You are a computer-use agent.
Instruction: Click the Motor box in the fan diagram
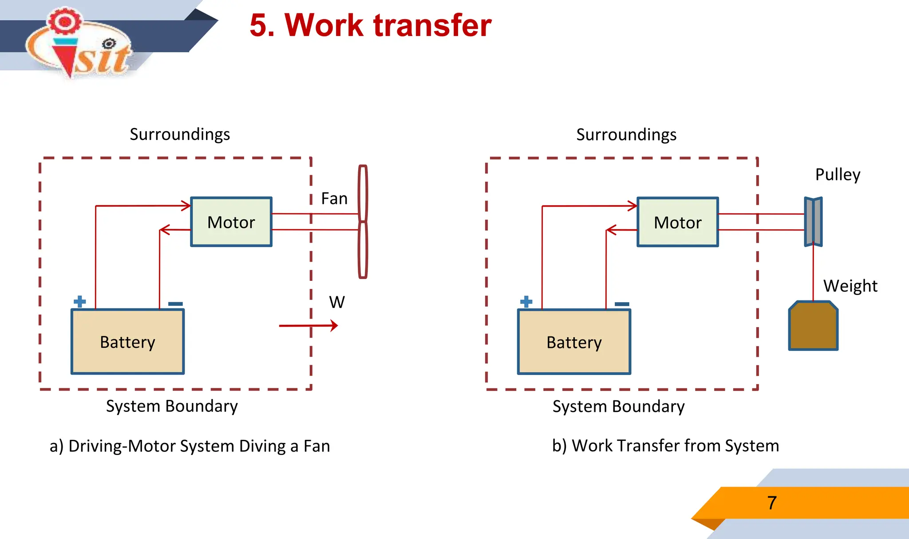pos(231,222)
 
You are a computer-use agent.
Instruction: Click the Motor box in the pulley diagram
pos(677,222)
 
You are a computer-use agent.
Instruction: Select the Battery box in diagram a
pos(127,342)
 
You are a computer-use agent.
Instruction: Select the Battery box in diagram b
pos(574,342)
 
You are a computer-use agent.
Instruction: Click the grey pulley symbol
pos(813,222)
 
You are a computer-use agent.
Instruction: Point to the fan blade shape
pos(363,222)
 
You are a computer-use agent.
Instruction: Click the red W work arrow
pos(308,326)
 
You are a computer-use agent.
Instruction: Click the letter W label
pos(337,302)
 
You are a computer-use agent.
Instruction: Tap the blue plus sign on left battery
pos(79,302)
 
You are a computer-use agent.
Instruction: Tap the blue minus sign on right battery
pos(622,304)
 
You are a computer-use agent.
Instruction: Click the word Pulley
pos(838,174)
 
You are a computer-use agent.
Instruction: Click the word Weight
pos(850,286)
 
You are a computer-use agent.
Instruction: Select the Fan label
pos(334,199)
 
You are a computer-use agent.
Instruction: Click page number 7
pos(772,503)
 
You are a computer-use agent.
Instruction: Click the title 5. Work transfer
pos(370,25)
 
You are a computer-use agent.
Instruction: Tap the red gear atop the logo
pos(65,21)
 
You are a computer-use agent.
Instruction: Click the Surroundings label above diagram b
pos(626,135)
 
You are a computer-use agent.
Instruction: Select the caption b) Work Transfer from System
pos(665,446)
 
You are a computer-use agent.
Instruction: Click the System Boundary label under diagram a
pos(172,406)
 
